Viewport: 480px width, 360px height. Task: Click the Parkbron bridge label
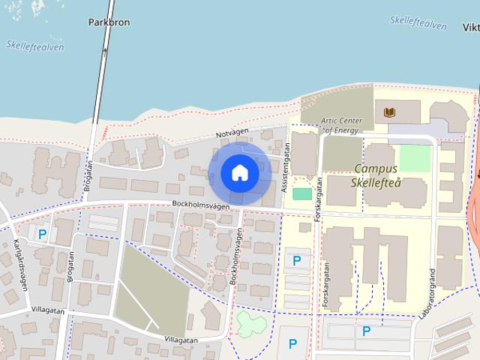109,22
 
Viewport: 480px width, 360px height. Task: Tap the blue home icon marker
240,173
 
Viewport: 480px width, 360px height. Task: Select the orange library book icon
388,113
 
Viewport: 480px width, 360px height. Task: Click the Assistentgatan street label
285,167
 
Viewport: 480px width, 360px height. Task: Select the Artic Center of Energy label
341,125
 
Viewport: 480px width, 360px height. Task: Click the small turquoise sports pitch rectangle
301,193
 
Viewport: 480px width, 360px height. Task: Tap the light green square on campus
415,157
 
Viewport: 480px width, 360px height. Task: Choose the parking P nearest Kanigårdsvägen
43,235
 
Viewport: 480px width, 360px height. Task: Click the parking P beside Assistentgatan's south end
297,261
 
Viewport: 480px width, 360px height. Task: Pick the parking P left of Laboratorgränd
366,331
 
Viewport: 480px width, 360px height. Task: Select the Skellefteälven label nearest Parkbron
34,46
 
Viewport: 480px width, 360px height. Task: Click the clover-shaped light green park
250,325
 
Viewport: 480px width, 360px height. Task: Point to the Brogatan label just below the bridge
88,175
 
